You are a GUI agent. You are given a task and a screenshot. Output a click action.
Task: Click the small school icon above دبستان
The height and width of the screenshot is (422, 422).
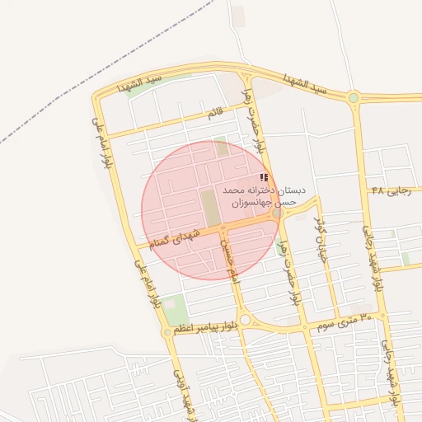tap(264, 177)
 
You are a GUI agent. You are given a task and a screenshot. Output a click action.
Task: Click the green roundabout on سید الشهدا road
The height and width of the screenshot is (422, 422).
tap(354, 98)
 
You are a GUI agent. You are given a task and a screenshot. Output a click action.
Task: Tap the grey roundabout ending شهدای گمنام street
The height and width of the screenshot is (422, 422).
tap(278, 213)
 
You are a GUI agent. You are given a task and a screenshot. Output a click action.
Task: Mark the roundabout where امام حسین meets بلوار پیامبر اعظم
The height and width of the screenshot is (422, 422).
tap(246, 320)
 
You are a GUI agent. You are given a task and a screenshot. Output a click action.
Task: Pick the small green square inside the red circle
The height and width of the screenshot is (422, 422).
tap(221, 148)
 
